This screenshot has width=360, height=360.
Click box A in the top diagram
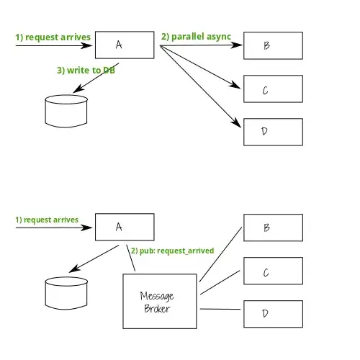tap(125, 45)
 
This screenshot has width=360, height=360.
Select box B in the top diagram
tap(272, 45)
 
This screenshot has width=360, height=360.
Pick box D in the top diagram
tap(272, 130)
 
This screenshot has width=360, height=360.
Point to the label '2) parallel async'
tap(195, 35)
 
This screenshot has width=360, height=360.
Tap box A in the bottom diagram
tap(125, 227)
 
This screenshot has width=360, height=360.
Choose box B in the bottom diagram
tap(272, 227)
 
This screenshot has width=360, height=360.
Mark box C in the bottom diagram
tap(272, 271)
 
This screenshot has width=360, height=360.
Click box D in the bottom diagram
tap(272, 313)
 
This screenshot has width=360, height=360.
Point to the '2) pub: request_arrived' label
tap(172, 251)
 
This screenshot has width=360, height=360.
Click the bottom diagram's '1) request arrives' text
tap(47, 219)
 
